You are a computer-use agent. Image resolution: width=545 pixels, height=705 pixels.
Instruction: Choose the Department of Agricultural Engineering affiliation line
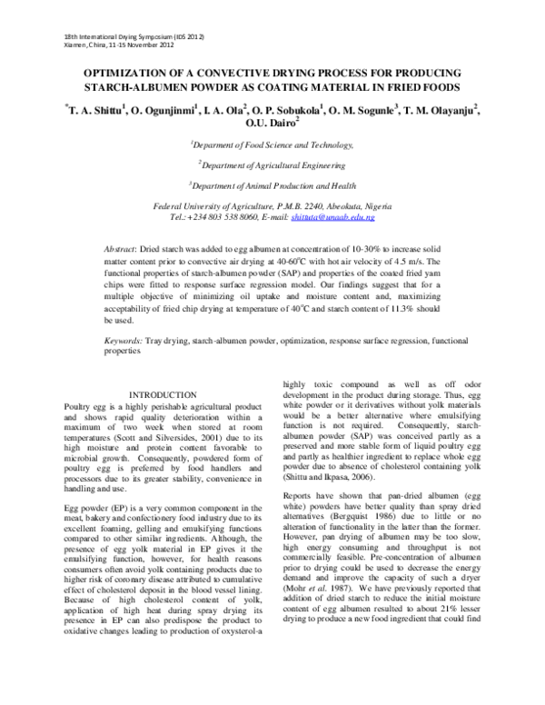(x=272, y=164)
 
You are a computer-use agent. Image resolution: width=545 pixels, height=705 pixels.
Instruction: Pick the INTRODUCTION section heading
(x=163, y=394)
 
